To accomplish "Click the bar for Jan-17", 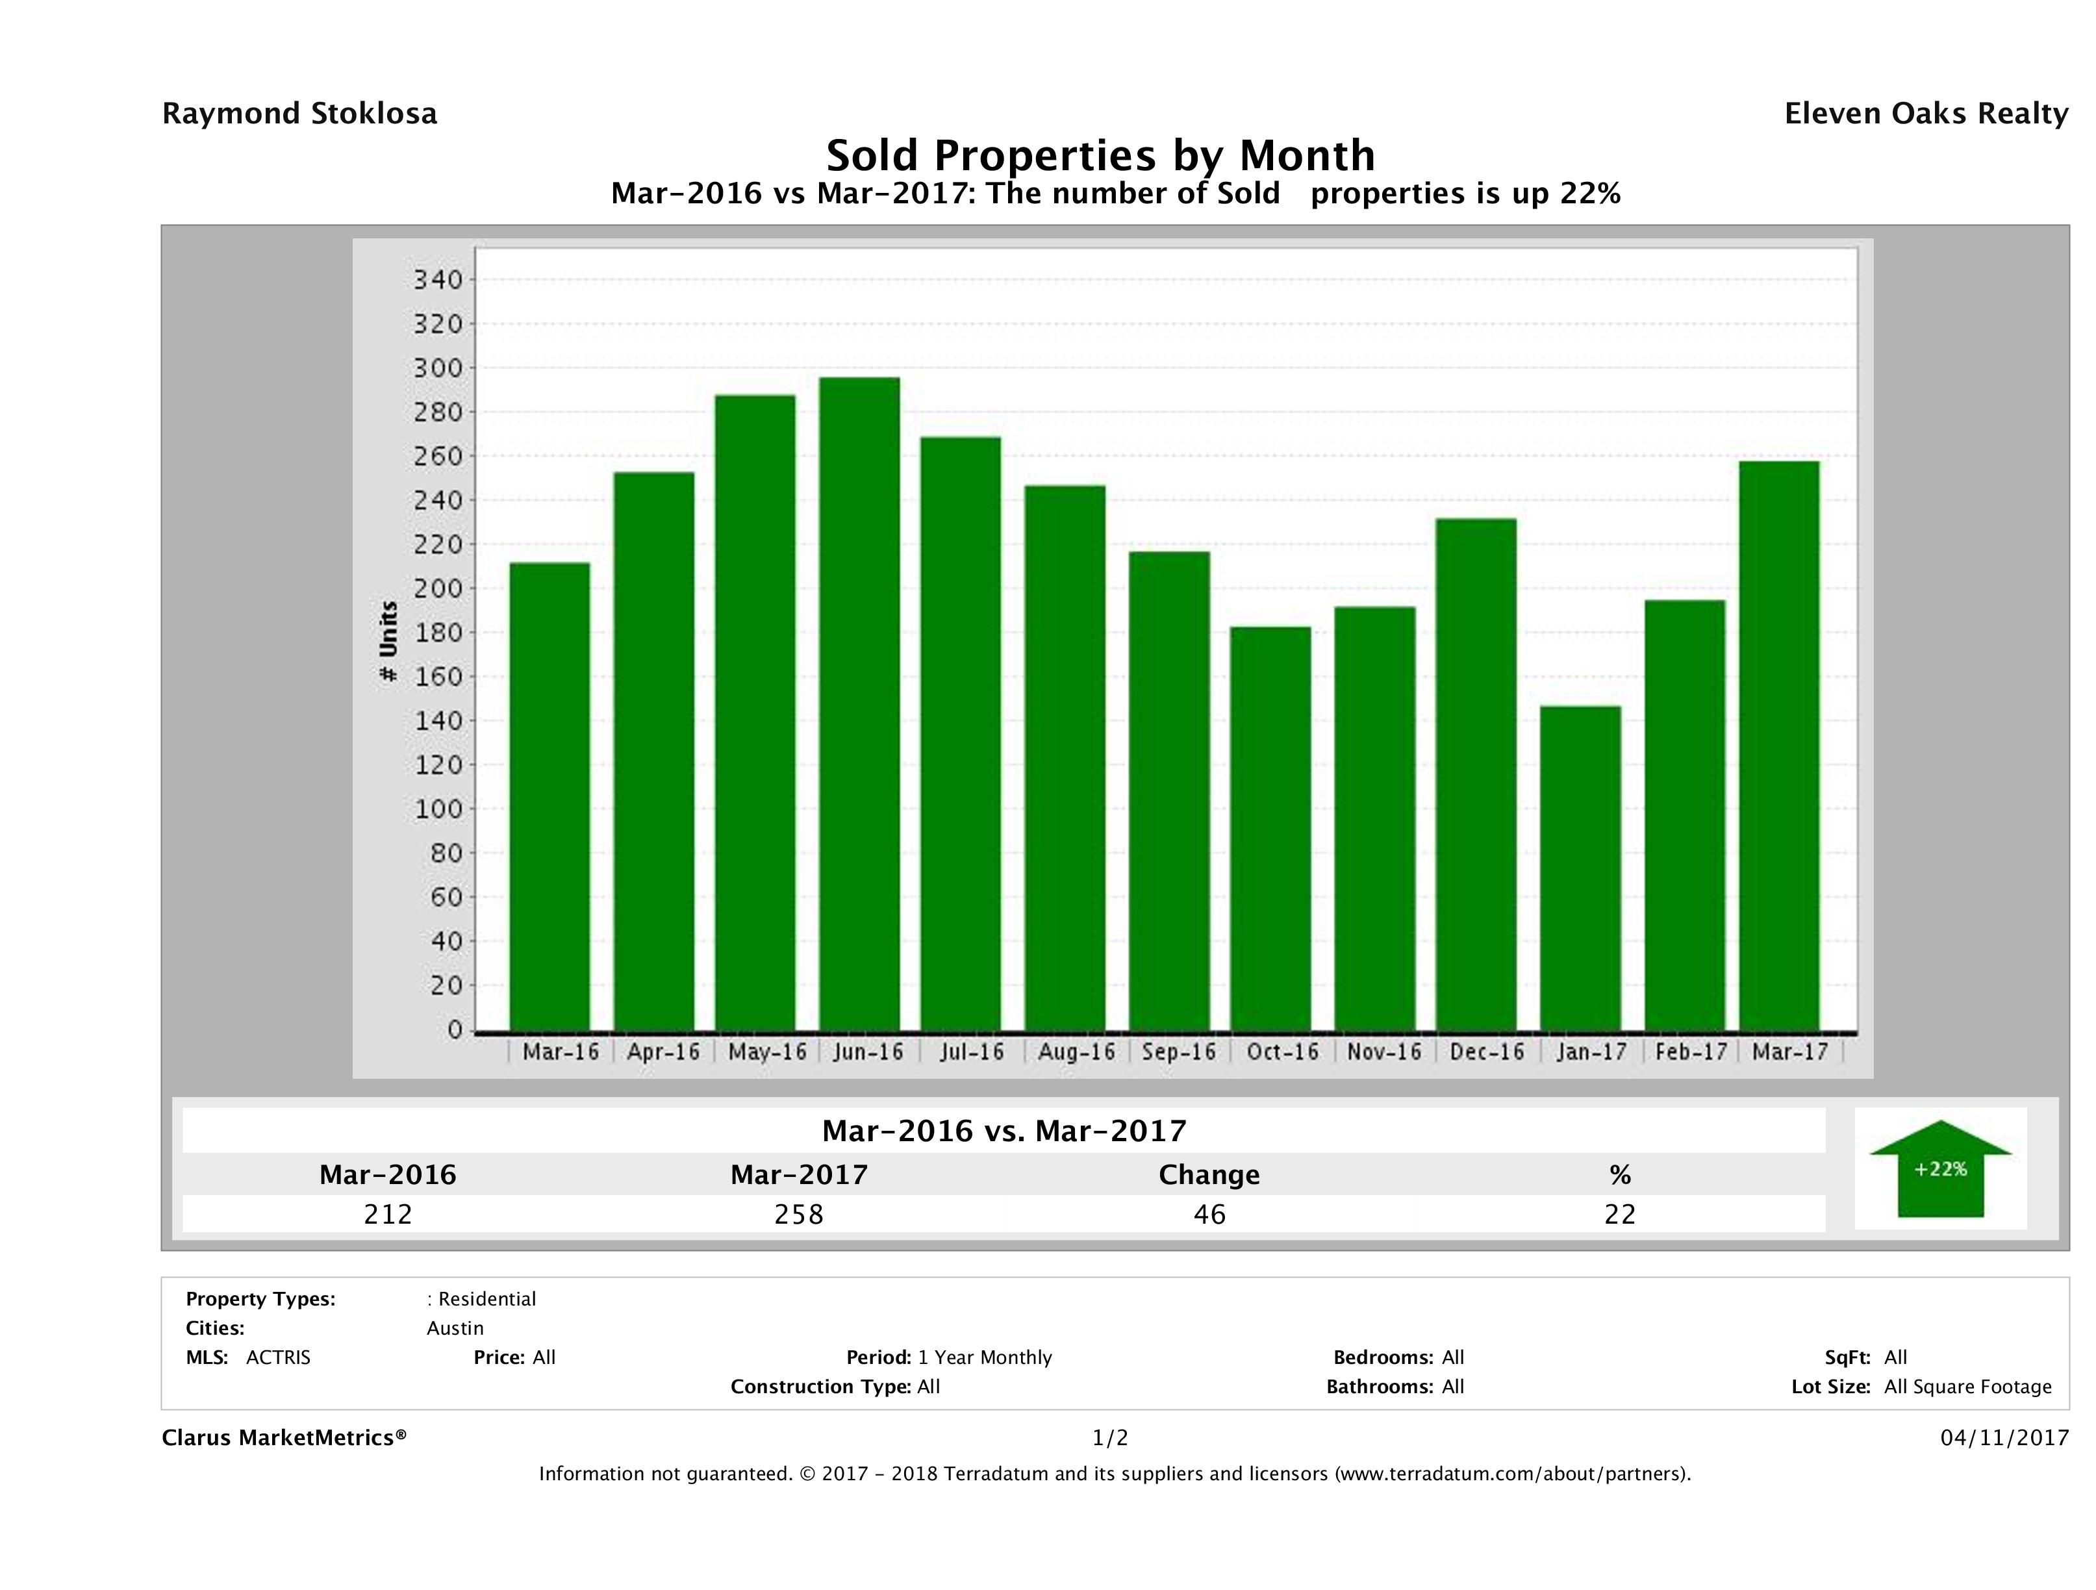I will [x=1580, y=868].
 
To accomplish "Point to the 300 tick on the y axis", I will [x=437, y=368].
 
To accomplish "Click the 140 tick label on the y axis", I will [x=437, y=721].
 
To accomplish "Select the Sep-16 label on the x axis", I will [x=1179, y=1052].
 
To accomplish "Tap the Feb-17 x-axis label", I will [x=1691, y=1052].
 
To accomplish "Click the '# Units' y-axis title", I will [x=388, y=642].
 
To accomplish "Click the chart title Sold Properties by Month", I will [x=1100, y=155].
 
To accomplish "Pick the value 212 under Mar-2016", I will [x=388, y=1214].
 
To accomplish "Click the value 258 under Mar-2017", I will [x=799, y=1214].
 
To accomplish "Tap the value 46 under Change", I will [x=1209, y=1214].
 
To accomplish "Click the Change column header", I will [x=1209, y=1175].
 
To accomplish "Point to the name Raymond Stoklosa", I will [x=299, y=114].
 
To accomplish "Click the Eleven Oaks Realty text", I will [x=1925, y=114].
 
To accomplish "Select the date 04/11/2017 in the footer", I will [x=2004, y=1437].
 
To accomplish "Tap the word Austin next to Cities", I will [x=455, y=1328].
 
